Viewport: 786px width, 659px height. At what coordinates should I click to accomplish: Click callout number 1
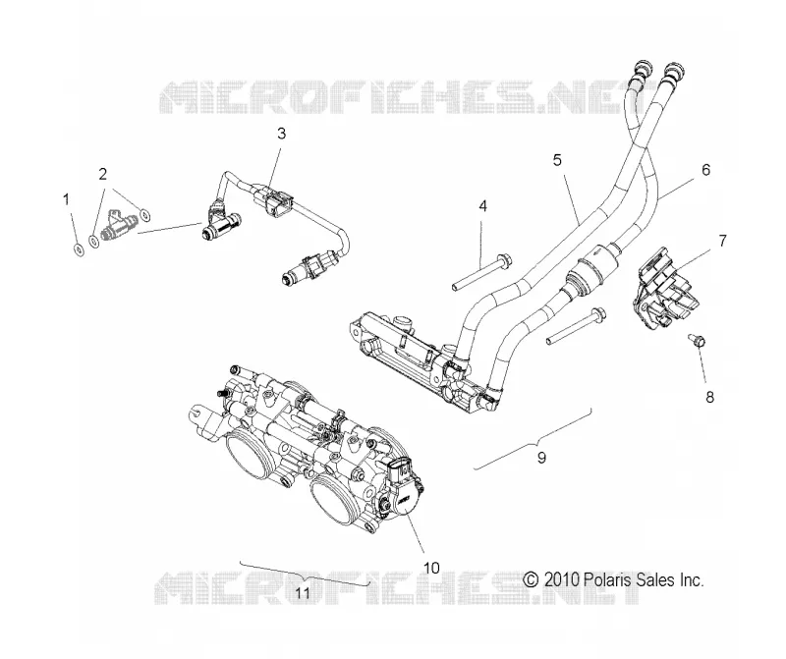[x=66, y=200]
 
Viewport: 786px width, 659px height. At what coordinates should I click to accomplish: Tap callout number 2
[x=103, y=175]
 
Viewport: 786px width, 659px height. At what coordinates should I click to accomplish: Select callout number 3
[x=281, y=134]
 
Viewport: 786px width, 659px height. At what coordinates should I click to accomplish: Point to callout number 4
[x=482, y=206]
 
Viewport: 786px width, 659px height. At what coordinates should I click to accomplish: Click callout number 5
[x=557, y=160]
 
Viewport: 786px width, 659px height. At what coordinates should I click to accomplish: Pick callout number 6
[x=705, y=170]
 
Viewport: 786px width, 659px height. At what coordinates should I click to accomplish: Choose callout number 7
[x=722, y=241]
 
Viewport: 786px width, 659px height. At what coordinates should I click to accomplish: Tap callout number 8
[x=709, y=398]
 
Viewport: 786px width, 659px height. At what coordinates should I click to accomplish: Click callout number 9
[x=541, y=458]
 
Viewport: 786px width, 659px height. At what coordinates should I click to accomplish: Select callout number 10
[x=431, y=568]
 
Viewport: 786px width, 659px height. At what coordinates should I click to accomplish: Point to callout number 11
[x=303, y=593]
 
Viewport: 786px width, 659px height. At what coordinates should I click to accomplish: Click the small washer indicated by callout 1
[x=79, y=248]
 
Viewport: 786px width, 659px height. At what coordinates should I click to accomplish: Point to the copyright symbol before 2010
[x=531, y=579]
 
